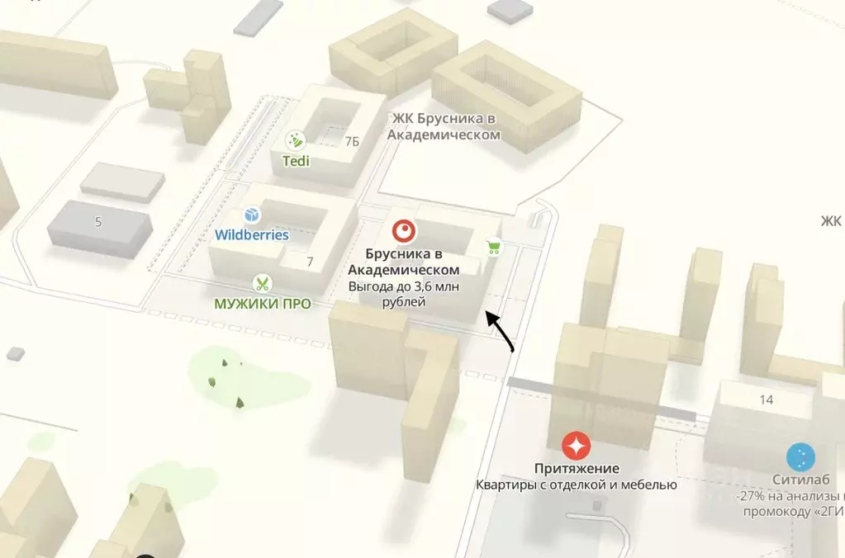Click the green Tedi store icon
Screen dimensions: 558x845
pos(295,140)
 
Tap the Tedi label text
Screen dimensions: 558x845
pos(296,161)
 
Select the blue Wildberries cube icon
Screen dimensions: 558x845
pos(252,215)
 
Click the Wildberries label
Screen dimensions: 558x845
pos(252,234)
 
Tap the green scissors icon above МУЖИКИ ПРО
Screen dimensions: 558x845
pos(262,284)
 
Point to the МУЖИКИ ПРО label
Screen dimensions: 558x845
pos(263,304)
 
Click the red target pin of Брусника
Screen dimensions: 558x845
pos(404,230)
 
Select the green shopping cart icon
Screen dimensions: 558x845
pos(493,247)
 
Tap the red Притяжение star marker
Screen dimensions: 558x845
pos(576,446)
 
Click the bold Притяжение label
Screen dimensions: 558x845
pos(576,469)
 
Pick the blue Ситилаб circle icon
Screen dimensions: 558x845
pos(800,456)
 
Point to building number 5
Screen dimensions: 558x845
pos(98,221)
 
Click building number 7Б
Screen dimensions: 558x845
pos(352,141)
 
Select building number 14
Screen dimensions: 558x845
pos(766,400)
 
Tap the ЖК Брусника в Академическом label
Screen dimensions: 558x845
pos(444,125)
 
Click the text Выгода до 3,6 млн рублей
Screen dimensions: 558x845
pos(404,294)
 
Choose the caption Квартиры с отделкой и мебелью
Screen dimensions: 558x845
pos(576,485)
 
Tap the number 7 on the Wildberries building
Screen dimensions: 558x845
pos(310,262)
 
